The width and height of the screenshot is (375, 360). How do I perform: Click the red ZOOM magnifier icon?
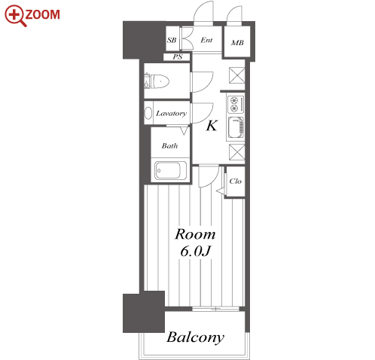coord(16,16)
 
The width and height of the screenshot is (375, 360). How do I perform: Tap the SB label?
coord(172,40)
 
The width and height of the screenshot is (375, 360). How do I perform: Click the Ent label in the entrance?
coord(206,40)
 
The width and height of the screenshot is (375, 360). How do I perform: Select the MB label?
coord(237,43)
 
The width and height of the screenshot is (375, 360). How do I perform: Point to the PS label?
coord(178,57)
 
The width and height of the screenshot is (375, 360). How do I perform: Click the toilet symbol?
coord(157,81)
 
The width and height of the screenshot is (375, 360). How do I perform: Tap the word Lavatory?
coord(171,114)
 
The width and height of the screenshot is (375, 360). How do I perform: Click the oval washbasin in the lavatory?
coord(148,113)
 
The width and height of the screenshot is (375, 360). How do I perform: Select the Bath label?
coord(169,145)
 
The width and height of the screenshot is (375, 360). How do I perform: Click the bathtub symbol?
coord(171,170)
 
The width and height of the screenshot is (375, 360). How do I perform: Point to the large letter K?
coord(212,126)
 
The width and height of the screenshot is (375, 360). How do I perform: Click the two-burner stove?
coord(236,104)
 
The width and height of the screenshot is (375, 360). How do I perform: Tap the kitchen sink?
coord(236,128)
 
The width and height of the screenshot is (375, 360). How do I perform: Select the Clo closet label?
coord(235,181)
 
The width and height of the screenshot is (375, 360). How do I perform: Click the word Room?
coord(195,234)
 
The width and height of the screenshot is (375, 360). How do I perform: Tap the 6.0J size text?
coord(196,251)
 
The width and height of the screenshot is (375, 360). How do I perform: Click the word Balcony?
coord(195,338)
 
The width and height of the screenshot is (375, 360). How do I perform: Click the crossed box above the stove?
coord(236,75)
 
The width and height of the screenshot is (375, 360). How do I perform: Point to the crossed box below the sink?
coord(236,152)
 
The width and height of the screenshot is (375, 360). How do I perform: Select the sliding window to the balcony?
coord(215,309)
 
